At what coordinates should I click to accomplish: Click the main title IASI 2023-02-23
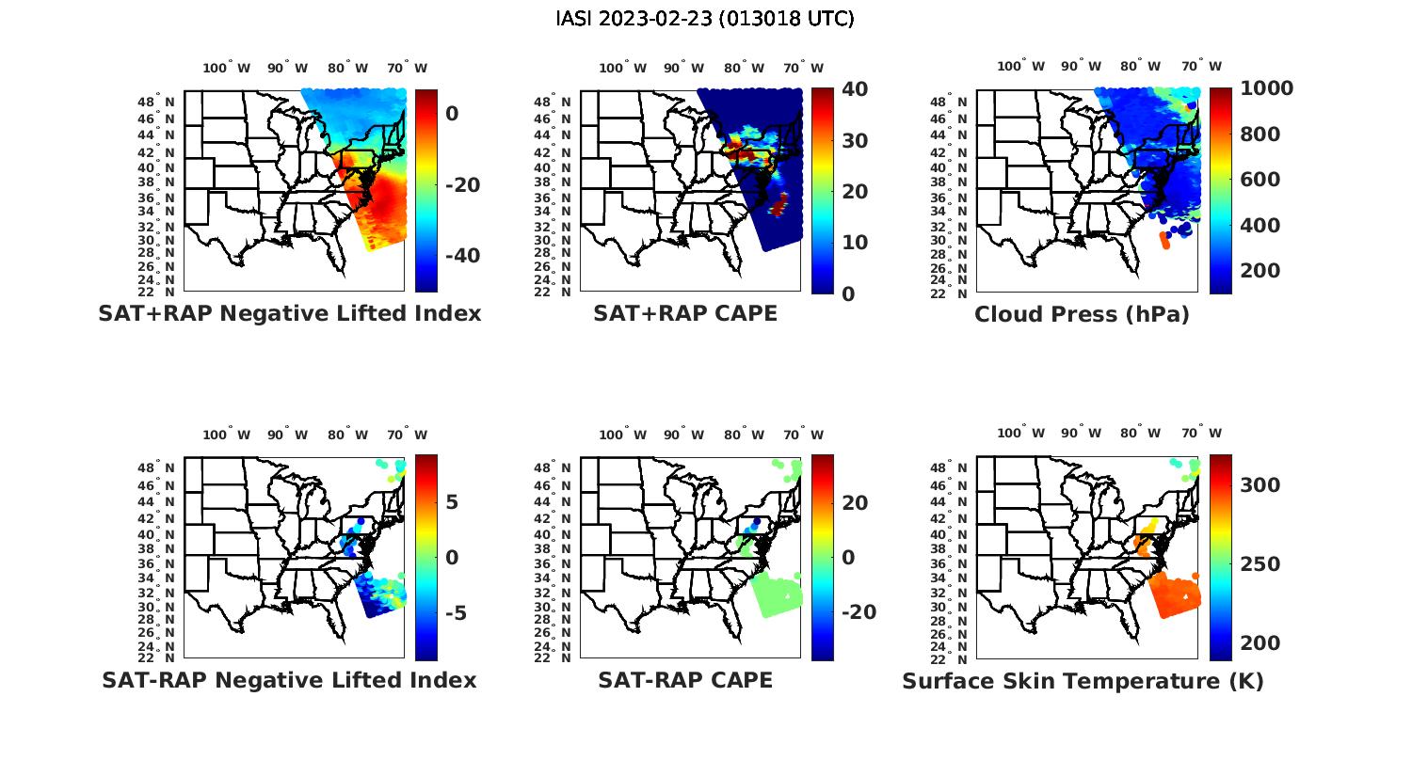[705, 19]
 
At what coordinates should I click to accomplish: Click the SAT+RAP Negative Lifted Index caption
[290, 313]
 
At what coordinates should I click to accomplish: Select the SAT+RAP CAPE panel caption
[685, 313]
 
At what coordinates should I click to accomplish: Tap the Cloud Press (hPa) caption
[1082, 314]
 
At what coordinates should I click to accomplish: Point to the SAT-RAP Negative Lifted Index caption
[289, 680]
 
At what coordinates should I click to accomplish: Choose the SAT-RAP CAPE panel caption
[685, 680]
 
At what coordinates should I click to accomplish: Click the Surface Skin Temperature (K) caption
[1083, 681]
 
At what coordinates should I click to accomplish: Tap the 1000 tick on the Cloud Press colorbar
[1266, 88]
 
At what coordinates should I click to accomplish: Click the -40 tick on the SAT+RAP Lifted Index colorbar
[462, 256]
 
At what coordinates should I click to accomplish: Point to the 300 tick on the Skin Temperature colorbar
[1260, 484]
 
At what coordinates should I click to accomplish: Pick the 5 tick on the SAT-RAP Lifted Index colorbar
[452, 501]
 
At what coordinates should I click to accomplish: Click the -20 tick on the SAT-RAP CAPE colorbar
[858, 612]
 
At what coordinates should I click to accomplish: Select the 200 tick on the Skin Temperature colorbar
[1260, 643]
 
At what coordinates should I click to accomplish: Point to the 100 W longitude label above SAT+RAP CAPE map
[623, 68]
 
